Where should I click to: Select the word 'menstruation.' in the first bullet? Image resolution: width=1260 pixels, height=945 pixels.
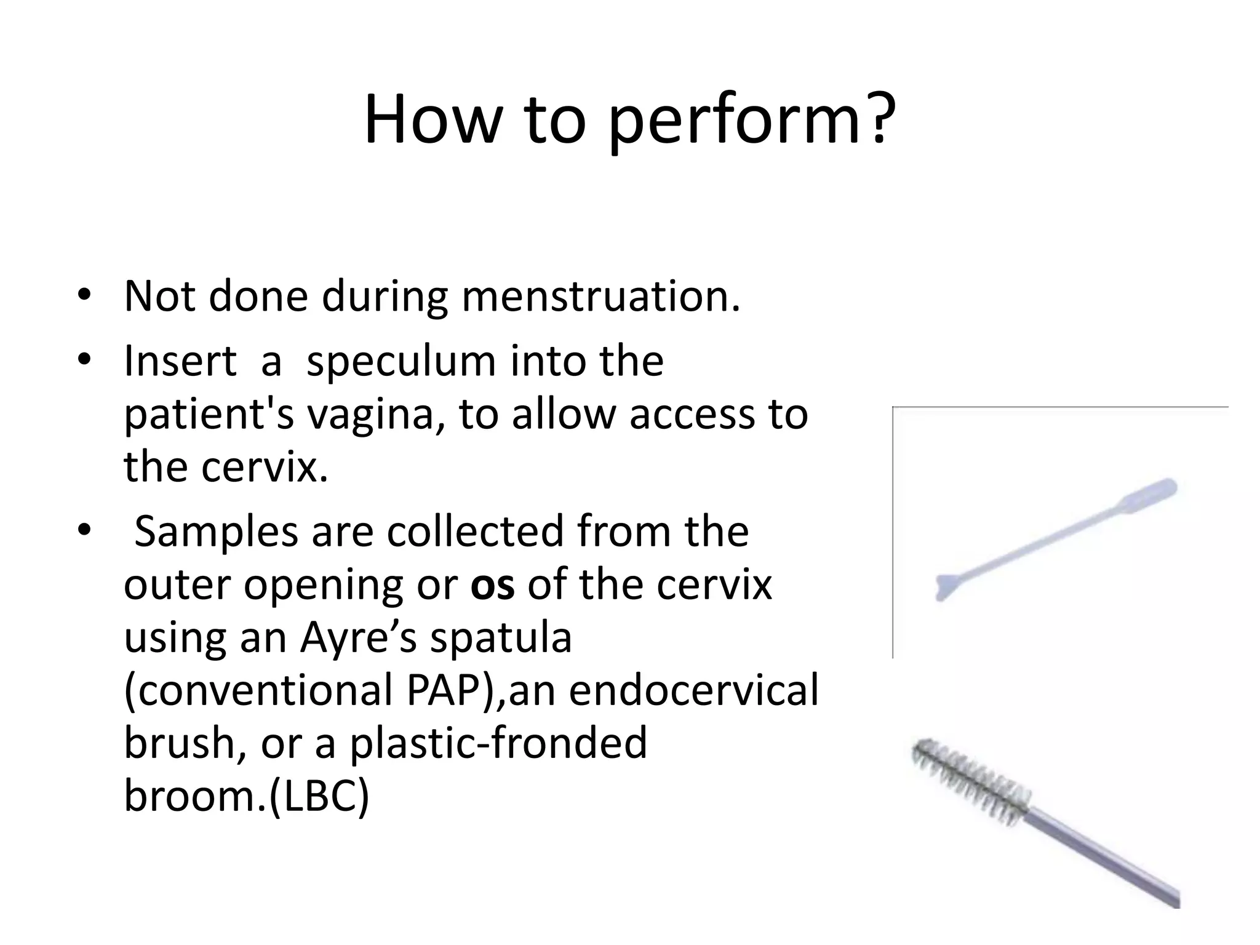pyautogui.click(x=601, y=297)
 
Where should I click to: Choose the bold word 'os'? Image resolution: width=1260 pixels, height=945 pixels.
pyautogui.click(x=492, y=584)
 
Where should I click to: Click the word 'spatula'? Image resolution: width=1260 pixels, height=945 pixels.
pyautogui.click(x=501, y=637)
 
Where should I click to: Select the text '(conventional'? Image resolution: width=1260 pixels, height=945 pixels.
pyautogui.click(x=258, y=690)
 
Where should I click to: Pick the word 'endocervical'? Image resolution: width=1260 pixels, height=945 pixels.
pyautogui.click(x=693, y=690)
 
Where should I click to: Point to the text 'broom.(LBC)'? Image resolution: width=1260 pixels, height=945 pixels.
pyautogui.click(x=246, y=796)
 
